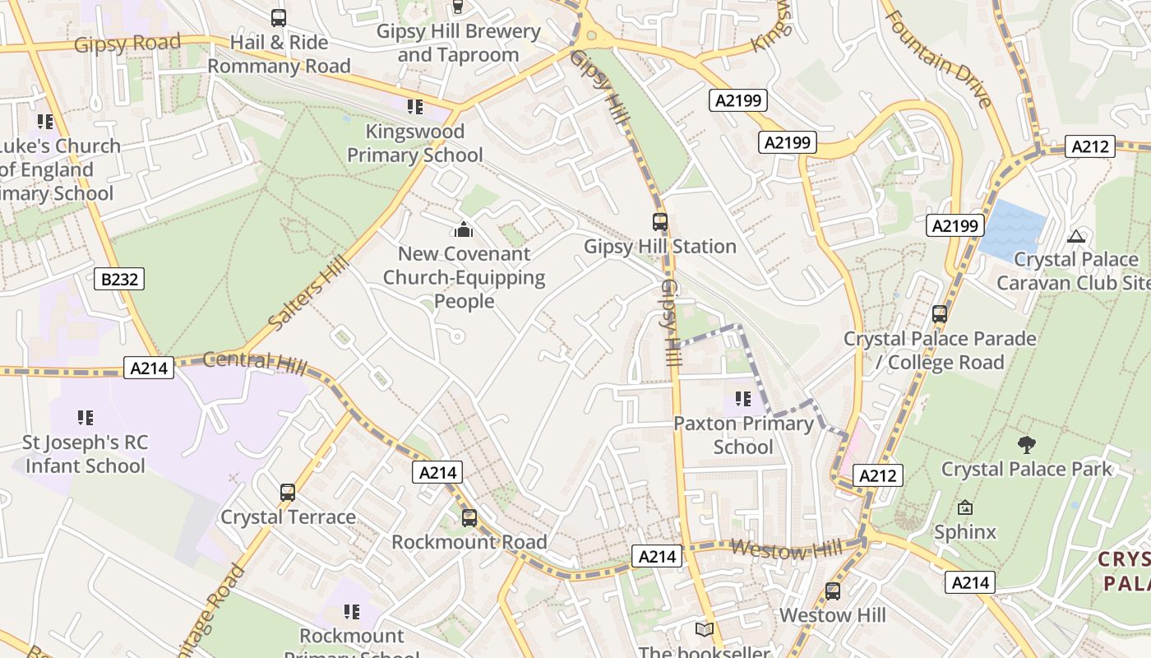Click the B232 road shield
click(x=119, y=280)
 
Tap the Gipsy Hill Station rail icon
click(x=659, y=222)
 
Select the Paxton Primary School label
click(x=743, y=435)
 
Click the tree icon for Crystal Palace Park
click(x=1026, y=445)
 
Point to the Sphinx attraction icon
click(x=965, y=508)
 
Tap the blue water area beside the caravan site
click(x=1013, y=228)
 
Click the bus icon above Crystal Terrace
click(x=287, y=493)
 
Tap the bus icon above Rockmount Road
click(x=469, y=518)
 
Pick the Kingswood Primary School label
click(x=415, y=143)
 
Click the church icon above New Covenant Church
click(x=464, y=229)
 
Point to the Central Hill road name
click(x=254, y=361)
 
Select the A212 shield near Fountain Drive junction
click(x=1090, y=147)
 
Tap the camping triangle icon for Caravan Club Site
click(x=1075, y=237)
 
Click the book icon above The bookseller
click(x=704, y=630)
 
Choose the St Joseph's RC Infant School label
click(x=85, y=454)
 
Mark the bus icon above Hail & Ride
click(x=279, y=18)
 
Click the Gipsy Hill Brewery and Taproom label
click(x=458, y=44)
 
